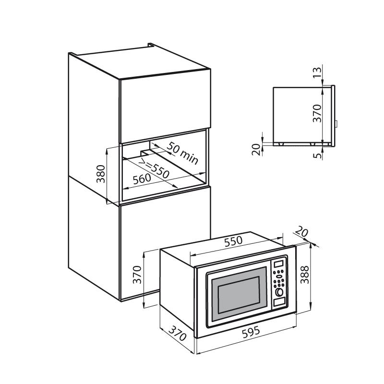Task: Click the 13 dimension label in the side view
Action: tap(317, 72)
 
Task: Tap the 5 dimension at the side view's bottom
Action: tap(317, 155)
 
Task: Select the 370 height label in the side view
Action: tap(317, 113)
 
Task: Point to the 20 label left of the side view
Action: tap(256, 150)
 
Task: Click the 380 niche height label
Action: tap(101, 174)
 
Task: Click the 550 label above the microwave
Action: tap(233, 241)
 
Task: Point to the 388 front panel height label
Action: tap(305, 275)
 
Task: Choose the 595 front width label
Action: tap(251, 332)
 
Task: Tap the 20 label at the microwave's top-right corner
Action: tap(301, 231)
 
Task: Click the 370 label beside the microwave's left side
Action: tap(137, 275)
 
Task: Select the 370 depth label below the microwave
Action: tap(178, 333)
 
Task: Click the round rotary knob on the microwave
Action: tap(279, 292)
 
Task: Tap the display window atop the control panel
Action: tap(278, 264)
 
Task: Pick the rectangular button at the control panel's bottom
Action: tap(279, 302)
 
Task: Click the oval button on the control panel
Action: tap(279, 277)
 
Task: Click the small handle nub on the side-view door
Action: tap(336, 124)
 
